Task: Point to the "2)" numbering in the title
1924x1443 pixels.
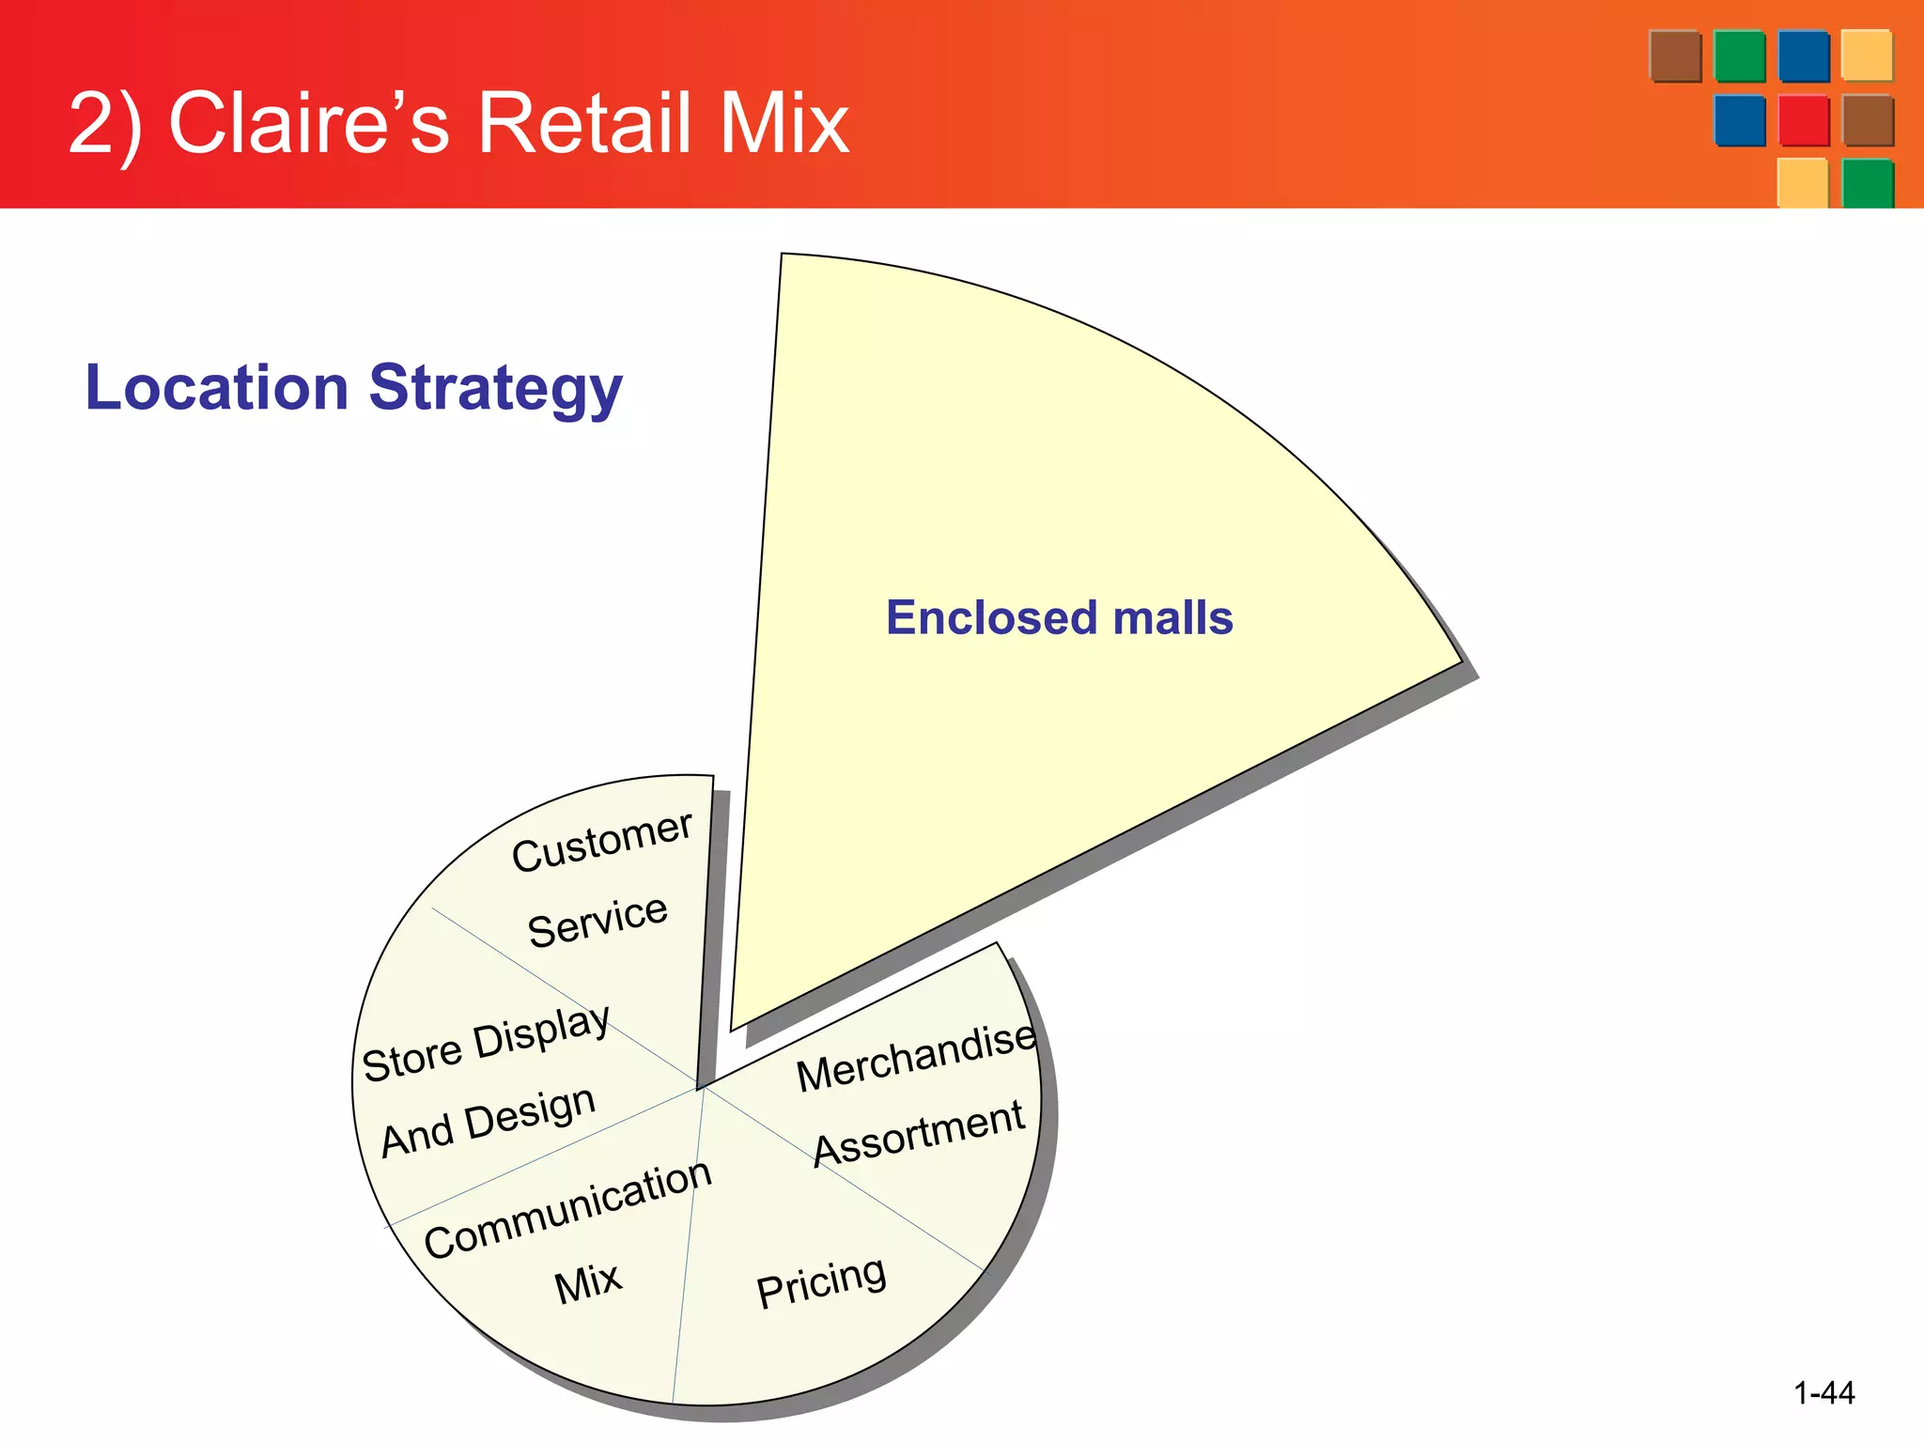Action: coord(105,124)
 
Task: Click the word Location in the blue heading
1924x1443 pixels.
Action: coord(217,387)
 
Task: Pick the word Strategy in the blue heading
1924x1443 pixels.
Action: coord(495,389)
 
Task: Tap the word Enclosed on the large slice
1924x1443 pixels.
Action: coord(992,618)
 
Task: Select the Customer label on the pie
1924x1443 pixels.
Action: coord(602,841)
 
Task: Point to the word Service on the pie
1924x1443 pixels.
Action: coord(597,921)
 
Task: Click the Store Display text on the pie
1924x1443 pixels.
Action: coord(487,1044)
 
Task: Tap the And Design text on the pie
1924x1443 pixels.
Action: coord(489,1121)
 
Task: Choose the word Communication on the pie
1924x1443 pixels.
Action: coord(568,1208)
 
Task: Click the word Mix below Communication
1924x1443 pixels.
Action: coord(588,1282)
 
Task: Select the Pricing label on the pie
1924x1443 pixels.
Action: coord(821,1281)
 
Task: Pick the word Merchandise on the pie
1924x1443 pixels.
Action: coord(916,1058)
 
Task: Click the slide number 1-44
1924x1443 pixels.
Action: coord(1823,1392)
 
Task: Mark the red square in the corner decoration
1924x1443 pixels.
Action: coord(1804,121)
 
